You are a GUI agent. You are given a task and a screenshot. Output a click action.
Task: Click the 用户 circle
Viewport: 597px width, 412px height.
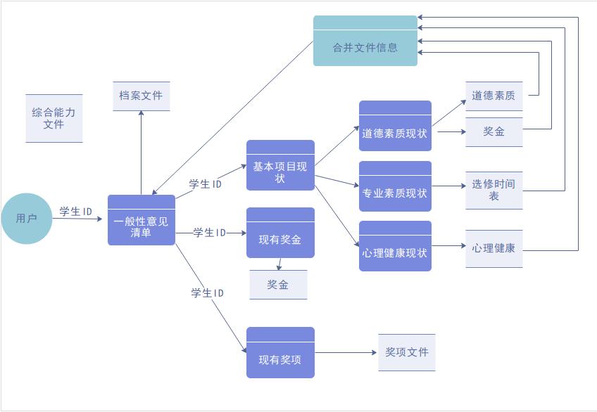point(26,219)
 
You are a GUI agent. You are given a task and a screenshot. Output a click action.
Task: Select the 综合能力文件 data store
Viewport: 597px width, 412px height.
point(54,118)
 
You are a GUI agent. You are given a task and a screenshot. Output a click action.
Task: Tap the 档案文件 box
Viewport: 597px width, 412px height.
point(141,96)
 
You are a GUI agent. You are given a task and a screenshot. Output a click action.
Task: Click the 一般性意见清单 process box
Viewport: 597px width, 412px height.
point(141,221)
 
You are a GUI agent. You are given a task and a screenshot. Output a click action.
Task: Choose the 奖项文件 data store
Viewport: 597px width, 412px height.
point(406,352)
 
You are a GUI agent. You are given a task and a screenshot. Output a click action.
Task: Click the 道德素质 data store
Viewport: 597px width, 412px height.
point(494,96)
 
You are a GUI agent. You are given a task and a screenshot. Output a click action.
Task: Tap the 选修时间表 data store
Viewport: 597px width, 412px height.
point(494,190)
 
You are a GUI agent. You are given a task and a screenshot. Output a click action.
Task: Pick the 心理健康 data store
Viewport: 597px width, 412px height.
point(494,248)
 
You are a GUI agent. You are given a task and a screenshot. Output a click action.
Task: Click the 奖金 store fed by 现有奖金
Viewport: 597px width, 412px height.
point(277,285)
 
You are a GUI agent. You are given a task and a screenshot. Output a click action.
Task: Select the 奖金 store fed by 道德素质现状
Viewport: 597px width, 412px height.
point(494,131)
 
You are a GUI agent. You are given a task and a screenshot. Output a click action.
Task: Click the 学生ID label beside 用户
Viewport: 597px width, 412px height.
point(76,212)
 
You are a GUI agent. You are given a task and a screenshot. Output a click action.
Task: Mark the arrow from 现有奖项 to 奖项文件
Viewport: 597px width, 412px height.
point(346,353)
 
